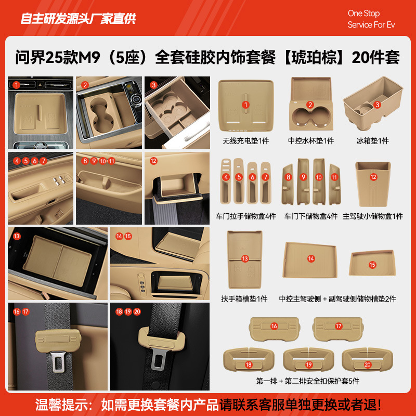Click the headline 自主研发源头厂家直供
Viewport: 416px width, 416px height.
tap(78, 19)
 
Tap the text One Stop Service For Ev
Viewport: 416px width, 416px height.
tap(371, 19)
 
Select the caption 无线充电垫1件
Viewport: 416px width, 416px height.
tap(245, 141)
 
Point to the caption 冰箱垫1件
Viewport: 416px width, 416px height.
tap(372, 141)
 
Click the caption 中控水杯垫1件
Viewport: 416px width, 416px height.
tap(311, 141)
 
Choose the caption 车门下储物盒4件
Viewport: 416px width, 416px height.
tap(310, 216)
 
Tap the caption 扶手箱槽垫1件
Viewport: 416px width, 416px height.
tap(244, 298)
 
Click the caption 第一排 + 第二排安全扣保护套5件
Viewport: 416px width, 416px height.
tap(308, 381)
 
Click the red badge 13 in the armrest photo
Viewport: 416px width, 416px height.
tap(17, 236)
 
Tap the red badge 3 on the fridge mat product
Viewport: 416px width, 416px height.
tap(378, 105)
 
